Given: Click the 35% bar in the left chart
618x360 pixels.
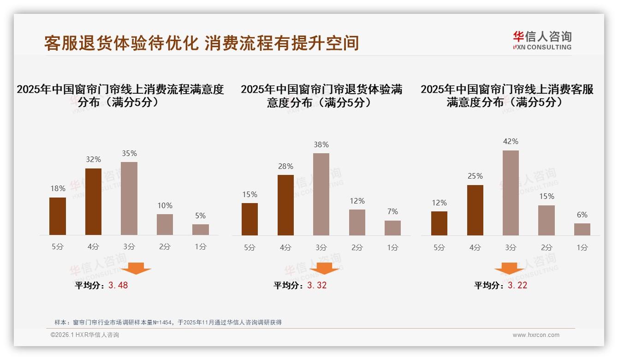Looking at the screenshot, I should click(129, 198).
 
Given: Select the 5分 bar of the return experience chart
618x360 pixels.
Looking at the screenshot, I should click(250, 219).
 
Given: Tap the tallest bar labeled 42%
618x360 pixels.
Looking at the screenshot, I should click(511, 193).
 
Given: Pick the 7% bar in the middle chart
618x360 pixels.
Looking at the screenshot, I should click(392, 228).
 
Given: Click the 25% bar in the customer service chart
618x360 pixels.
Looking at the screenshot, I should click(475, 210).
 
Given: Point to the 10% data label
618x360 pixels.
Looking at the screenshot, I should click(165, 205).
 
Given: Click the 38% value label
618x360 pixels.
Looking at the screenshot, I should click(321, 144).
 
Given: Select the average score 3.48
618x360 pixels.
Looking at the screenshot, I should click(118, 285).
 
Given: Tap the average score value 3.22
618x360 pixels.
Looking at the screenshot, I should click(517, 285).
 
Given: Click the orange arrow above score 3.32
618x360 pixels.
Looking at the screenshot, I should click(324, 268).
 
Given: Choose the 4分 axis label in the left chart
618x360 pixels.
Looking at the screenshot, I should click(93, 247).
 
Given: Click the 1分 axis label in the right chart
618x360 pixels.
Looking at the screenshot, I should click(582, 247).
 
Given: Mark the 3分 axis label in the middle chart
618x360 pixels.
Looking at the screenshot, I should click(321, 247).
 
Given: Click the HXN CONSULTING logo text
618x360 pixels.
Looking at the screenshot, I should click(542, 47).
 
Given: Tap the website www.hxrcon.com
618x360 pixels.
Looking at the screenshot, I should click(536, 335).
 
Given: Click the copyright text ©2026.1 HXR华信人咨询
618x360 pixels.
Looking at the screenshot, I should click(85, 335).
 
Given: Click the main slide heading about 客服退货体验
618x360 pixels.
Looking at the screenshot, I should click(201, 43).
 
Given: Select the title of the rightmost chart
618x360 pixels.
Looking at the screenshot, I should click(507, 96).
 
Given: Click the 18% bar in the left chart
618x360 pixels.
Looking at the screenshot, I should click(58, 216).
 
